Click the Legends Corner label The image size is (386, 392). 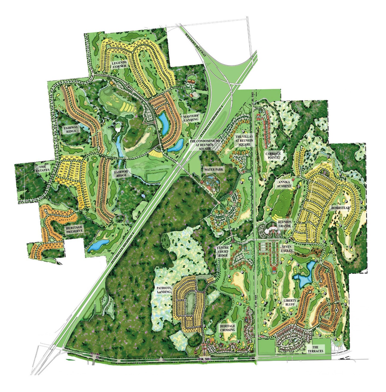pyautogui.click(x=119, y=64)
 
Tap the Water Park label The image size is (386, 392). pyautogui.click(x=213, y=170)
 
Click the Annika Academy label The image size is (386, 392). pyautogui.click(x=284, y=184)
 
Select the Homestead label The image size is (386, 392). pyautogui.click(x=341, y=208)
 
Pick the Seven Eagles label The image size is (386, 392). pyautogui.click(x=287, y=249)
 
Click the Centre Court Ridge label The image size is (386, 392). pyautogui.click(x=223, y=251)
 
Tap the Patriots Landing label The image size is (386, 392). pyautogui.click(x=164, y=289)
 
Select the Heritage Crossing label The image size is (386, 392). pyautogui.click(x=227, y=328)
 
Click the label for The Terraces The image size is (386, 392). pyautogui.click(x=315, y=349)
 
